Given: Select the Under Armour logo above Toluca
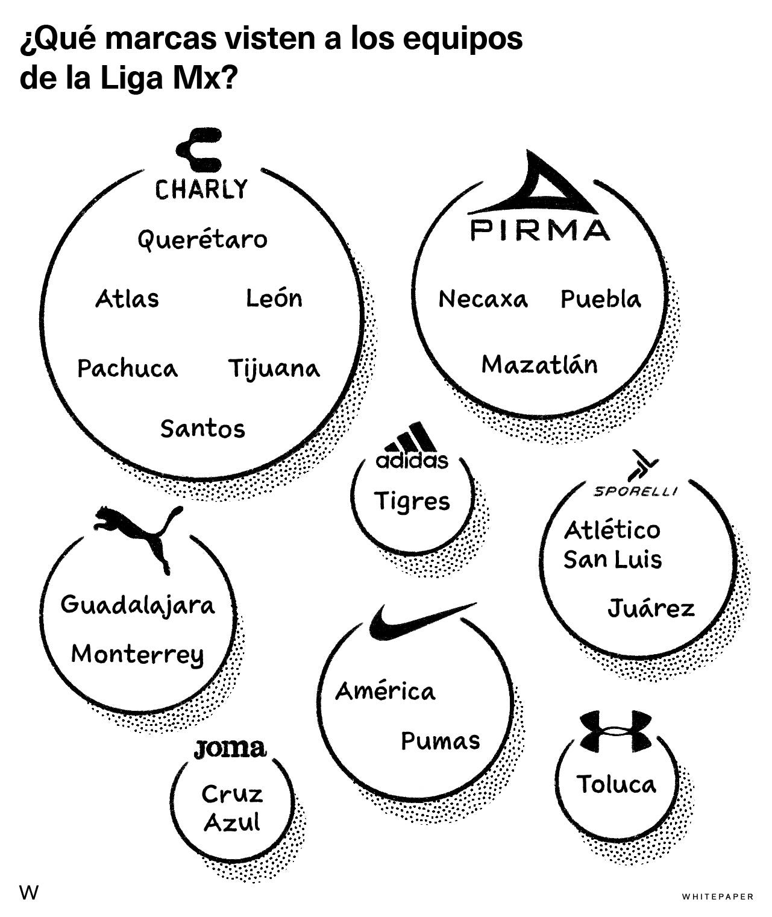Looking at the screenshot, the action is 616,730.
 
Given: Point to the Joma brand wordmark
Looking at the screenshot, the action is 230,749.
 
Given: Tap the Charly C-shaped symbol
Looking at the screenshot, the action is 199,150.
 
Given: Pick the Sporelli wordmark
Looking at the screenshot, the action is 635,491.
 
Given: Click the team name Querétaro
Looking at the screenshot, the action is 202,241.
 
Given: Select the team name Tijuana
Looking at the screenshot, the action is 274,368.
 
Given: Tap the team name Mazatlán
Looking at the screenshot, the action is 540,364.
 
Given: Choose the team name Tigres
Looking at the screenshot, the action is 412,501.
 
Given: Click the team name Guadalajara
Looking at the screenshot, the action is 138,605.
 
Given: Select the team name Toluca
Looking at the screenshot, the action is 616,784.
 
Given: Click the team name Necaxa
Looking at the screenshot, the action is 483,298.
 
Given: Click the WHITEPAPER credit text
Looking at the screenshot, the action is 718,897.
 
